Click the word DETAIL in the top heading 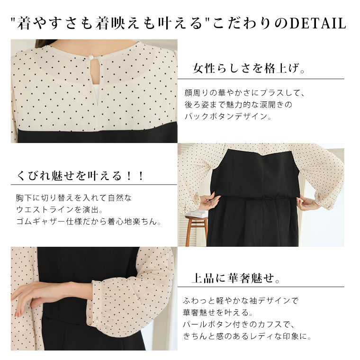(318, 23)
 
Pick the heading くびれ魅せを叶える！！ (80, 176)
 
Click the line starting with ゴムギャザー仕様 (89, 222)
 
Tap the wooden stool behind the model (196, 230)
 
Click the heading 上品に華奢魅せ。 (236, 278)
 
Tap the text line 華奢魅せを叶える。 (218, 312)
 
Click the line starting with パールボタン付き (239, 324)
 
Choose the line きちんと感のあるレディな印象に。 (247, 336)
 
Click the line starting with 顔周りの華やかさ (245, 92)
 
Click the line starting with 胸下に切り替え (74, 198)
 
